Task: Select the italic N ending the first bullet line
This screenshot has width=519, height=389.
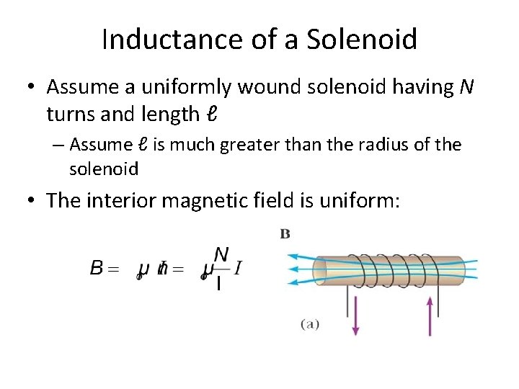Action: coord(466,87)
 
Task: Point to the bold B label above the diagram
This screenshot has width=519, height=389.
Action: coord(285,233)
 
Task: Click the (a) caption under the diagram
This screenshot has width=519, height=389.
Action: coord(310,325)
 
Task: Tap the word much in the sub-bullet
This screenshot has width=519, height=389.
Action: coord(205,145)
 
